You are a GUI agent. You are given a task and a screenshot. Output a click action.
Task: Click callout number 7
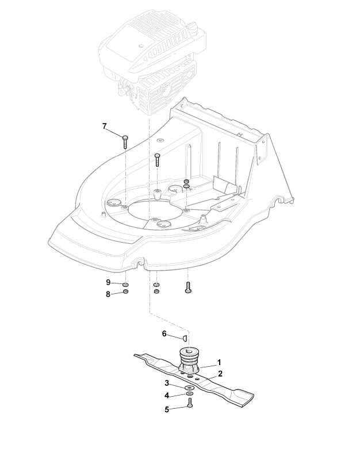pyautogui.click(x=105, y=126)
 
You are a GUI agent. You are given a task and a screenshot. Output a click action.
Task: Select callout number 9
pyautogui.click(x=108, y=282)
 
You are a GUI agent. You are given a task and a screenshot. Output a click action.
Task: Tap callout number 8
pyautogui.click(x=108, y=294)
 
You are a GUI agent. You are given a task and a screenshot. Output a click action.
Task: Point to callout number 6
pyautogui.click(x=164, y=333)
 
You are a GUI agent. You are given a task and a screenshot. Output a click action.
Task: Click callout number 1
pyautogui.click(x=219, y=363)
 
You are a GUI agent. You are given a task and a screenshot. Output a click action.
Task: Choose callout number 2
pyautogui.click(x=220, y=373)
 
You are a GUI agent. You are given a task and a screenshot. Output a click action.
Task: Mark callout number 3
pyautogui.click(x=167, y=383)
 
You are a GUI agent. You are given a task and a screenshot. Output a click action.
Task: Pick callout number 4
pyautogui.click(x=167, y=396)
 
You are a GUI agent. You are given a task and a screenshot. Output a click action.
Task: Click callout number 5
pyautogui.click(x=167, y=409)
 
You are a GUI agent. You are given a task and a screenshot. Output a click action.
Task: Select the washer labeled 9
pyautogui.click(x=126, y=285)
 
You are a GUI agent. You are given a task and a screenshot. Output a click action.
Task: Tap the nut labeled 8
pyautogui.click(x=126, y=292)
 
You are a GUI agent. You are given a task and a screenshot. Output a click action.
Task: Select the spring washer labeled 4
pyautogui.click(x=189, y=395)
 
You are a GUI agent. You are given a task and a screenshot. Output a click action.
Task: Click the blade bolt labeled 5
pyautogui.click(x=190, y=408)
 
